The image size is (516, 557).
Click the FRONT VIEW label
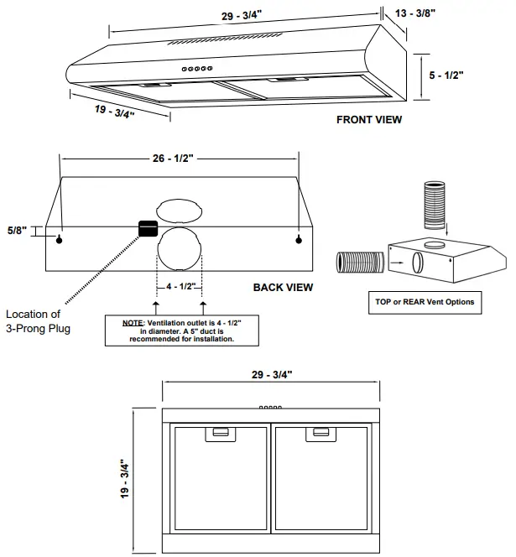click(369, 119)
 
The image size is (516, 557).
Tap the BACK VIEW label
click(283, 287)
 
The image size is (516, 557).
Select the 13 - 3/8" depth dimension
click(410, 13)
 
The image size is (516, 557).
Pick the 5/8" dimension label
click(16, 230)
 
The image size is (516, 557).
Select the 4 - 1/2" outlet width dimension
click(180, 286)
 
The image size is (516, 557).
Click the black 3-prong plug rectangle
click(149, 228)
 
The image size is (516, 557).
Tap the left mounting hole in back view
click(60, 241)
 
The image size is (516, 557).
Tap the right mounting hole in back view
click(299, 241)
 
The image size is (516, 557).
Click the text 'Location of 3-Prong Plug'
click(38, 321)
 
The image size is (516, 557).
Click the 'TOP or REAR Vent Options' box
click(426, 301)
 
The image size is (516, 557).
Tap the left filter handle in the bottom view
click(221, 433)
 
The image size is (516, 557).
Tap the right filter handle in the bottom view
click(321, 433)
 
